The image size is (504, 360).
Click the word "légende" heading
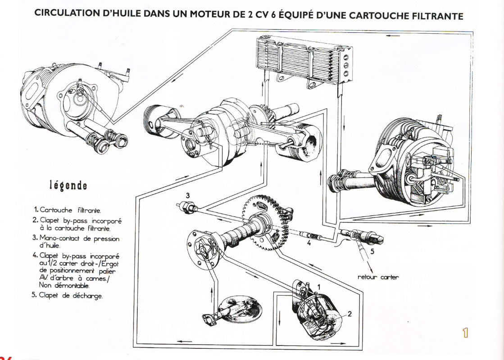click(x=68, y=185)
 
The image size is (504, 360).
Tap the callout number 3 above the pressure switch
click(x=188, y=195)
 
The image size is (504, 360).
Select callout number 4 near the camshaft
click(x=309, y=244)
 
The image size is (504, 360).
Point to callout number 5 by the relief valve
click(x=372, y=251)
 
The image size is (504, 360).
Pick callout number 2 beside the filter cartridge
click(x=350, y=314)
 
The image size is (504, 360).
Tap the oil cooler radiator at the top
click(x=302, y=60)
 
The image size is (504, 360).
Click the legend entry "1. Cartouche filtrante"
click(x=68, y=210)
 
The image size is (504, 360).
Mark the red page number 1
click(x=465, y=333)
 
